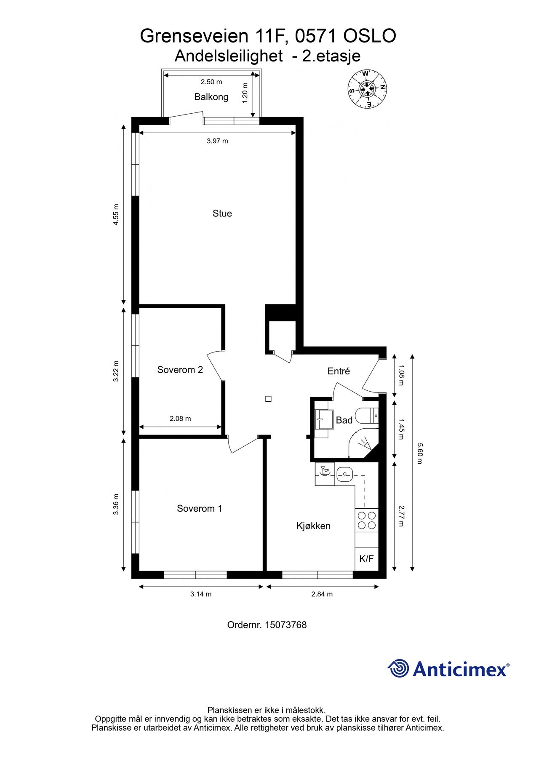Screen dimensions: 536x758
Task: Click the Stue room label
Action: point(222,214)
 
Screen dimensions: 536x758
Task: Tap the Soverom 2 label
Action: point(180,370)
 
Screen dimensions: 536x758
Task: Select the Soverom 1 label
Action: point(199,509)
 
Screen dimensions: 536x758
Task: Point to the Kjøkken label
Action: point(313,526)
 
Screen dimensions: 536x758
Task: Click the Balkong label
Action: point(211,97)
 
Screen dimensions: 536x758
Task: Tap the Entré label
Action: point(339,371)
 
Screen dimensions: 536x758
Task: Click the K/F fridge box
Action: point(366,559)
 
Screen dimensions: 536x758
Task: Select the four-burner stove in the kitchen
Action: point(366,520)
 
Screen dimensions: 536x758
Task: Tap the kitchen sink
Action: point(345,474)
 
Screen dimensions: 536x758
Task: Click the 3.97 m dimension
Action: point(217,141)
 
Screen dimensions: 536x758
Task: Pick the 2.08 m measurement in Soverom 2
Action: point(180,419)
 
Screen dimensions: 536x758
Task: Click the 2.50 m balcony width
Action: point(211,82)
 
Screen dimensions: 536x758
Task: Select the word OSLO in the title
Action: point(370,36)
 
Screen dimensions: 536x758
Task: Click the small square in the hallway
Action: point(268,398)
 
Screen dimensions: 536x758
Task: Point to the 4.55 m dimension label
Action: point(116,215)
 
